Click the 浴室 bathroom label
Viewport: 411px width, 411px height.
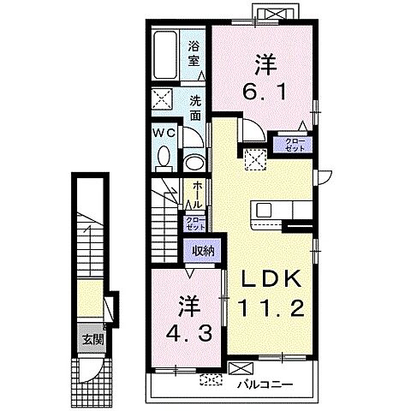point(194,53)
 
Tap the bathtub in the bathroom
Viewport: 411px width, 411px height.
point(165,55)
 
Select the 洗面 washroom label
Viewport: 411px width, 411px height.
point(195,108)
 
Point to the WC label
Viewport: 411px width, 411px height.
point(164,133)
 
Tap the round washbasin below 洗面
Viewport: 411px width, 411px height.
point(194,163)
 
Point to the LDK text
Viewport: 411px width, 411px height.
point(271,278)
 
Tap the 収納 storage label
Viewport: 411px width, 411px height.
point(203,251)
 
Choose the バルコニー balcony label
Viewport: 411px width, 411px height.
point(265,385)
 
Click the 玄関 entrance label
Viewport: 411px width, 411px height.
point(92,340)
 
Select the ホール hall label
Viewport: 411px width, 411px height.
point(198,195)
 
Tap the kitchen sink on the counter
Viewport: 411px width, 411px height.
point(265,211)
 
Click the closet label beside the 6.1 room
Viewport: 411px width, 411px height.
point(292,145)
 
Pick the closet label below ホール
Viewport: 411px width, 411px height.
point(195,223)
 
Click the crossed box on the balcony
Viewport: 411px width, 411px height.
point(241,368)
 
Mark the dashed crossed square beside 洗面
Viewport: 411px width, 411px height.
point(162,98)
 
